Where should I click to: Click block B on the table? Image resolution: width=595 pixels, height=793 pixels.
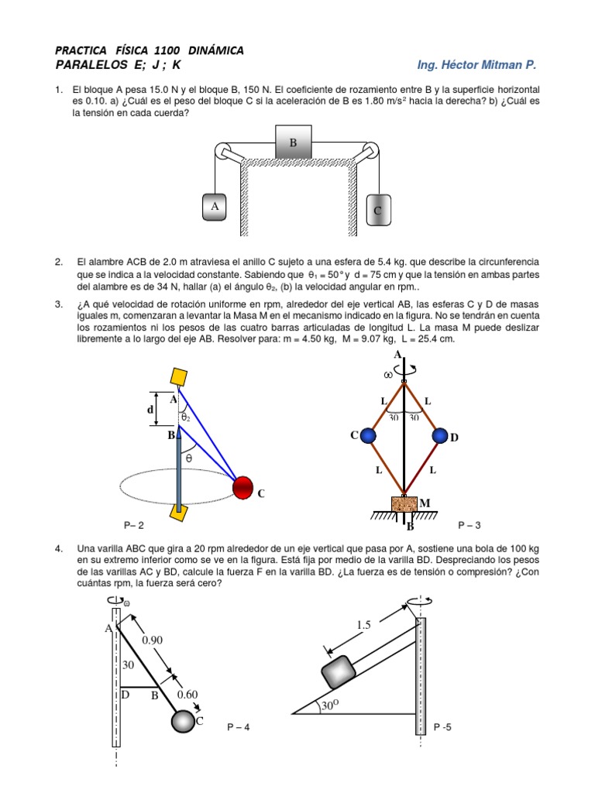pos(294,143)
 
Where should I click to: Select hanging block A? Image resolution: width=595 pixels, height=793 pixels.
pos(215,207)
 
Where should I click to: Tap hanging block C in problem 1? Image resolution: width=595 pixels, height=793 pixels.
pos(378,210)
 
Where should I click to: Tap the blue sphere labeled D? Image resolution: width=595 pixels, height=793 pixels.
pos(441,435)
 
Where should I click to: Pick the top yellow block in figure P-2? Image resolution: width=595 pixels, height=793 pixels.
pos(178,377)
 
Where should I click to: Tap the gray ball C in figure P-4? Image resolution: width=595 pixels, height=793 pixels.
pos(183,721)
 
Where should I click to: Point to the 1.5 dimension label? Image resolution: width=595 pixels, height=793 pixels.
pos(365,625)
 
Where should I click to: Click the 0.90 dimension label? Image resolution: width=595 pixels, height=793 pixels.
pos(153,640)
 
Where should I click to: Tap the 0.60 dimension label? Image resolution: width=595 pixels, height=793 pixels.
pos(187,695)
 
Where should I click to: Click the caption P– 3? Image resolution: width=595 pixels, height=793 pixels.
pos(469,526)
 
